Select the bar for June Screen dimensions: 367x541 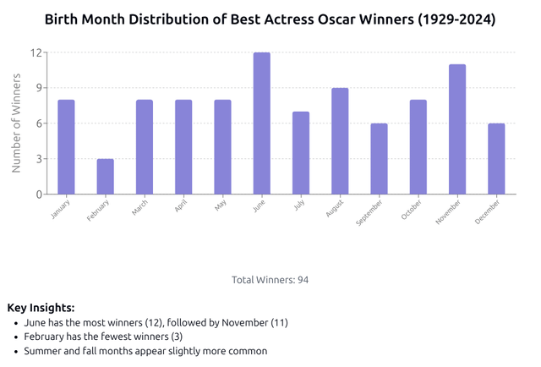point(262,123)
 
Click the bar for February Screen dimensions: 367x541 point(106,177)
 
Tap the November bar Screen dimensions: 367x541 point(457,129)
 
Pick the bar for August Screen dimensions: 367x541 point(340,141)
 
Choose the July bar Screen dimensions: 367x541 point(301,153)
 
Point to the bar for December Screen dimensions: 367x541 point(496,159)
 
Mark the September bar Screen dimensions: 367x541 point(379,159)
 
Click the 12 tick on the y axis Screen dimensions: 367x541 point(36,52)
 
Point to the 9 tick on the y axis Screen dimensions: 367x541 point(38,88)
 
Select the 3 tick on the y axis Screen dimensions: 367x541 point(38,159)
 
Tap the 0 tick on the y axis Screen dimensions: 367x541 point(38,194)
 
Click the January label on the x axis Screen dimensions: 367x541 point(62,209)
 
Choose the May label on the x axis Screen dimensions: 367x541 point(220,205)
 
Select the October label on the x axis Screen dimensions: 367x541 point(412,211)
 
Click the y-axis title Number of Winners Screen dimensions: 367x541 point(16,123)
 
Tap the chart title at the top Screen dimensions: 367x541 point(270,19)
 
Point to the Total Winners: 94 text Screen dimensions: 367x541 point(270,280)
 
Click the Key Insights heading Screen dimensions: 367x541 point(41,308)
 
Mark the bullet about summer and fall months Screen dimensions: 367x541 point(145,351)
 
